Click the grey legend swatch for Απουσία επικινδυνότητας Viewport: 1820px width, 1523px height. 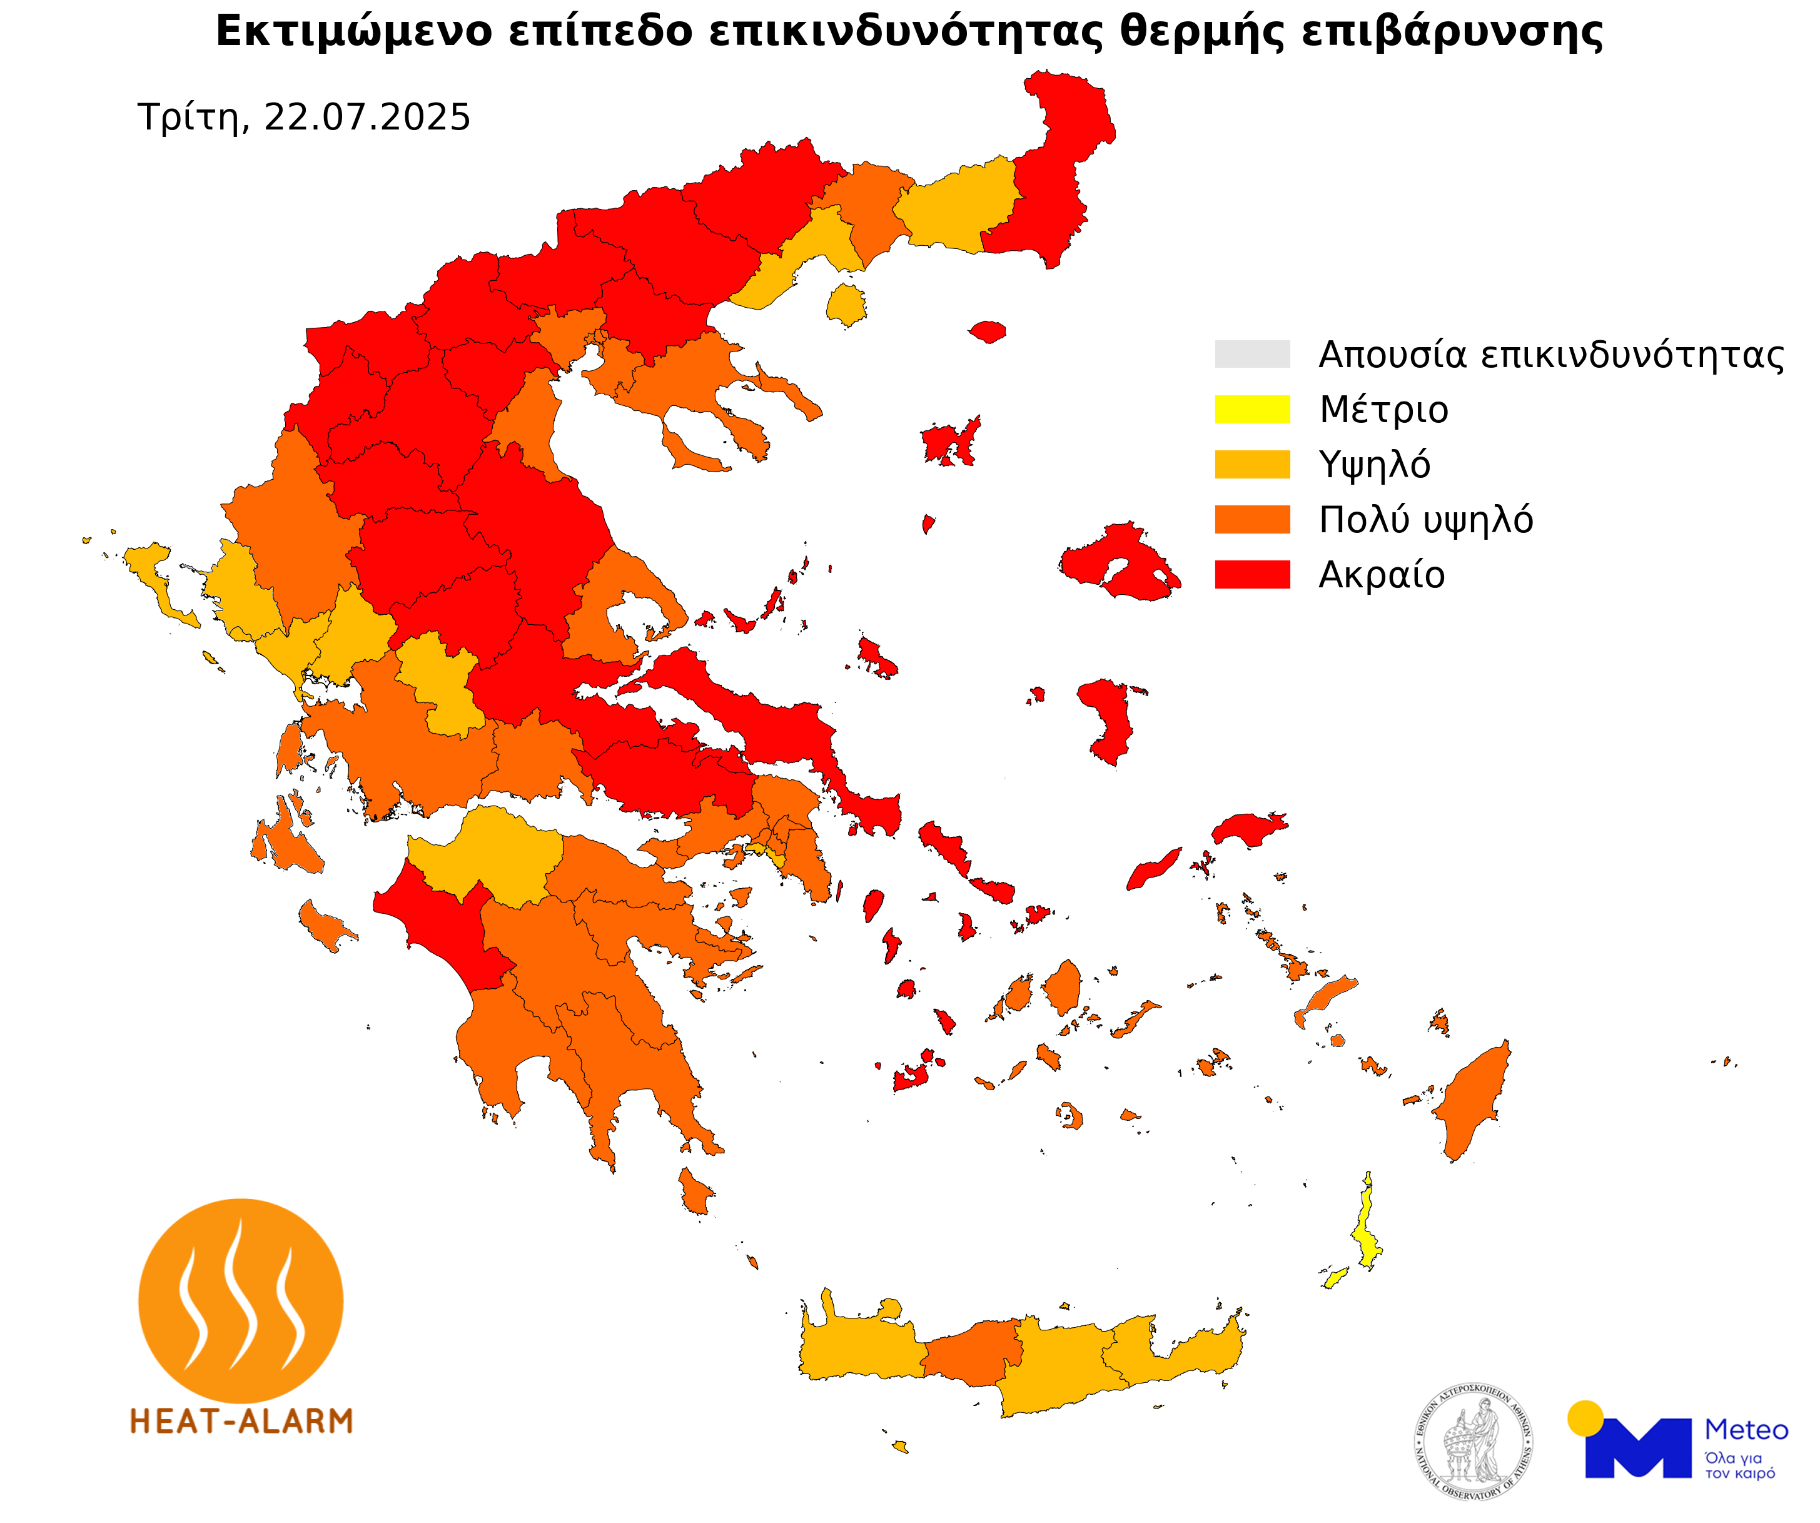point(1251,353)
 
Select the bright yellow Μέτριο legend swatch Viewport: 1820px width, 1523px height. point(1251,409)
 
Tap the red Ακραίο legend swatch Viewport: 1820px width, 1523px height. point(1251,574)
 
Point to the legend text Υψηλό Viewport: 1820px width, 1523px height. point(1373,465)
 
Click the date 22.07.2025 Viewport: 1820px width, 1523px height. point(367,117)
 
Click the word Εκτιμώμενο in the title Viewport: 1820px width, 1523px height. point(353,31)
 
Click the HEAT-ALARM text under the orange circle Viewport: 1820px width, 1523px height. point(241,1422)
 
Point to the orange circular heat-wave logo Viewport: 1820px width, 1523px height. point(241,1300)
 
